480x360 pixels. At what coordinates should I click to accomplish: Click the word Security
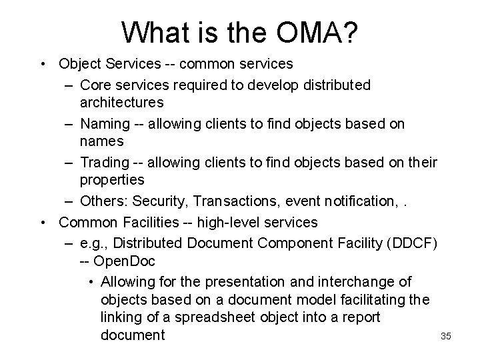pos(157,201)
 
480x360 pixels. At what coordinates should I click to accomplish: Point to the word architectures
pos(121,103)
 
